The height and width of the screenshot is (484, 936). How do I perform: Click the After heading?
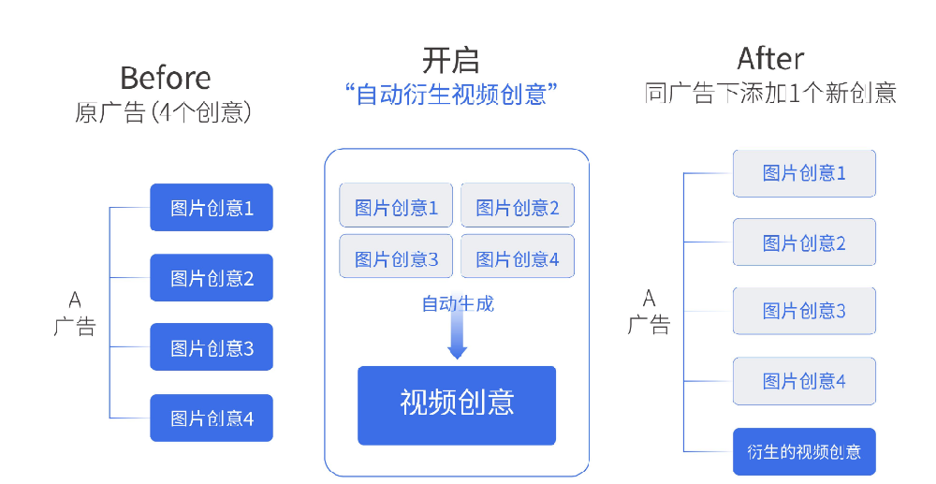770,58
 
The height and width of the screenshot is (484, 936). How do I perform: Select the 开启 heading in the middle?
450,60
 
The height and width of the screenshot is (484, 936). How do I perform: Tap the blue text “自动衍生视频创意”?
451,94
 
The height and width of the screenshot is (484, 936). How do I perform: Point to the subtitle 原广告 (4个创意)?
163,112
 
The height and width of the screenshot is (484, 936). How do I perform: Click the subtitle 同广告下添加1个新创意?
770,93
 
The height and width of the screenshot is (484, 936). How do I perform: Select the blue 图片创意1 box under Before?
212,207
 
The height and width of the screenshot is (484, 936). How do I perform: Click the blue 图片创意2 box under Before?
212,277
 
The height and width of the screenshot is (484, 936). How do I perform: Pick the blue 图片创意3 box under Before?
212,347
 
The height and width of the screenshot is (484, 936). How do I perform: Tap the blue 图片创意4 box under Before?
212,418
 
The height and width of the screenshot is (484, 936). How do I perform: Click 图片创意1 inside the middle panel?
396,206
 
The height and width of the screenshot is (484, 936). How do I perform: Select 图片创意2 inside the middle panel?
518,206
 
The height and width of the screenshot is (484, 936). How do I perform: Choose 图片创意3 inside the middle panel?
396,257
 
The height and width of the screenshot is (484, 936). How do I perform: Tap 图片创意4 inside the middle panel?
518,257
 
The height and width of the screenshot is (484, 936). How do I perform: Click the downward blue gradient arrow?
457,332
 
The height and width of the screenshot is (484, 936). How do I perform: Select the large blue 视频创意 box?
457,404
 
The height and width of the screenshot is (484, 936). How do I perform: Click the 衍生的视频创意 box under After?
804,452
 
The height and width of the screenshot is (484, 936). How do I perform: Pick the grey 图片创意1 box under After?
804,173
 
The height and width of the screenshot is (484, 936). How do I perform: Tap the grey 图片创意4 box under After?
804,381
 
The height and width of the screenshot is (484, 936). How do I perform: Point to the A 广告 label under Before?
75,313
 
